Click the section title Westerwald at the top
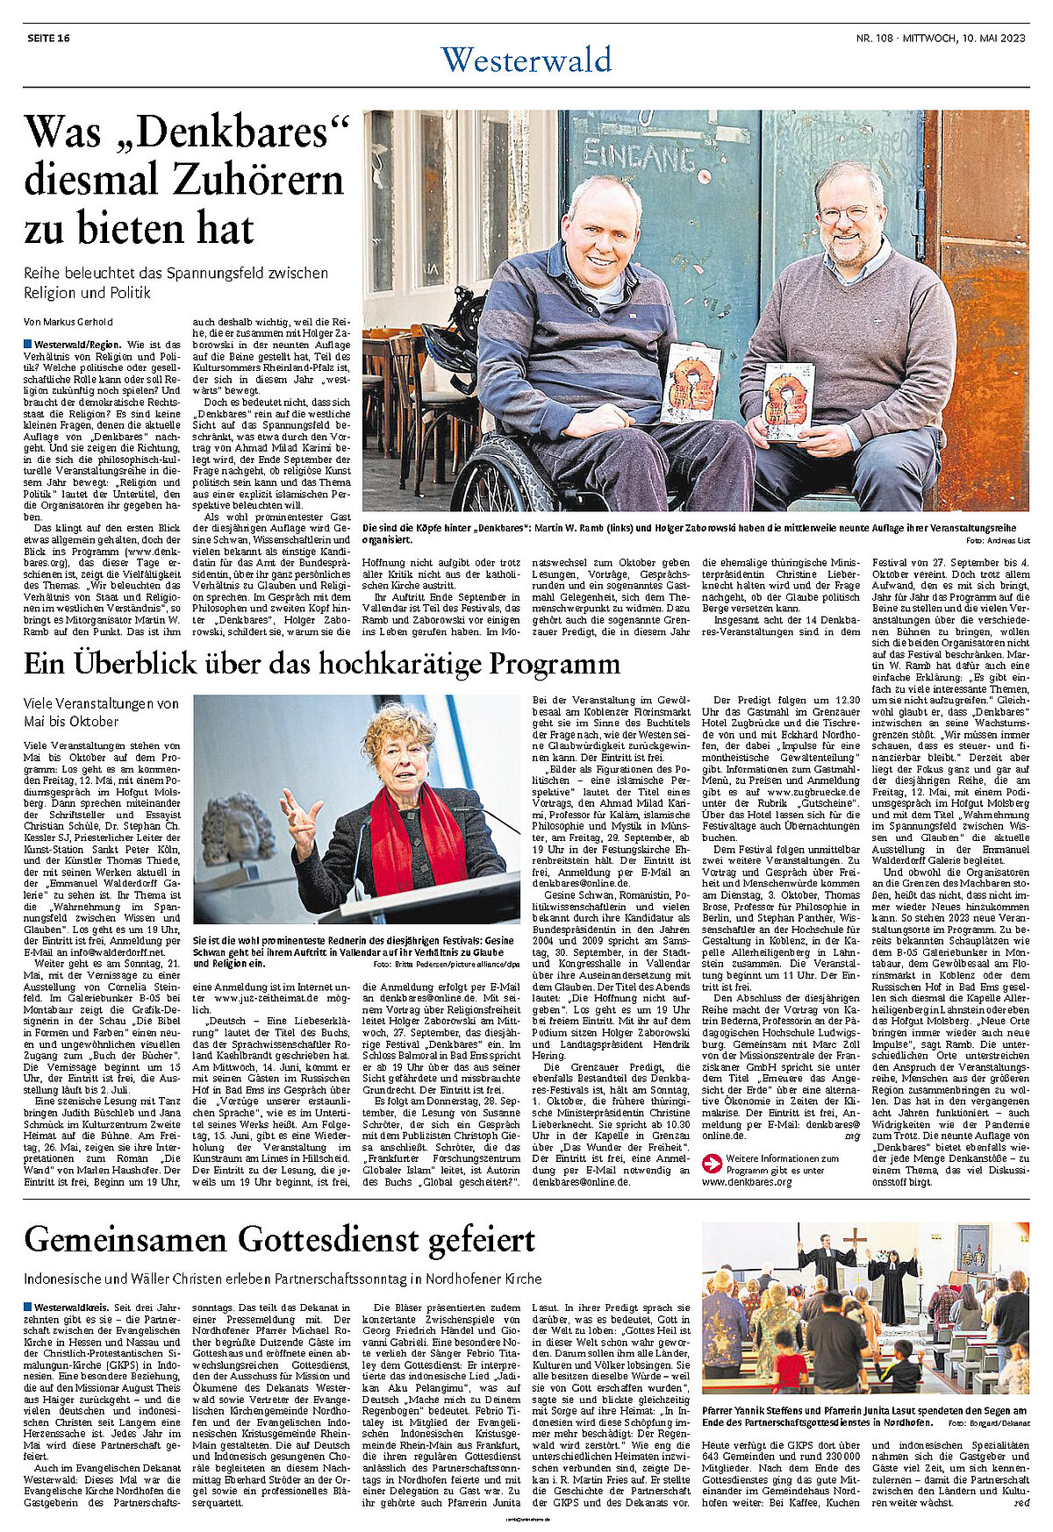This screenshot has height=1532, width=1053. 526,60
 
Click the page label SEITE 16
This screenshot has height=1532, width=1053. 48,38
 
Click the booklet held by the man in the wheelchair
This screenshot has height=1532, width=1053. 691,382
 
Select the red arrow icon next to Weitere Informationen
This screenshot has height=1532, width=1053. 712,1164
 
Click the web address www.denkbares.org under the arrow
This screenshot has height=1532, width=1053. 747,1182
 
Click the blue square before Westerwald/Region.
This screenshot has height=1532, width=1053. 28,344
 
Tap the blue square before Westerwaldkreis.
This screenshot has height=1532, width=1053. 28,1308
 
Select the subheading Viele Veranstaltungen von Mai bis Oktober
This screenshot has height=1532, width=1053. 101,712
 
